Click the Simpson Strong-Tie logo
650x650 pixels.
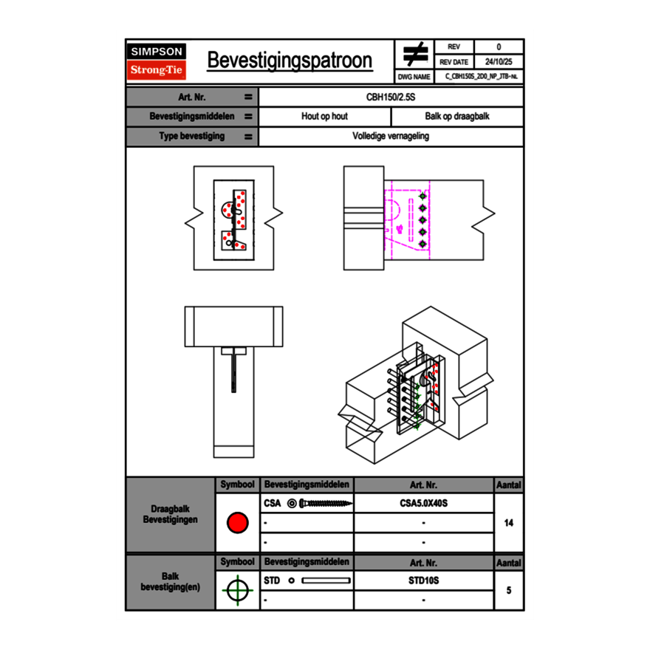157,61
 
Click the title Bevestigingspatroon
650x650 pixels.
290,61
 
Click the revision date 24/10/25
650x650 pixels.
499,62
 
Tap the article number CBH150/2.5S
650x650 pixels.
391,97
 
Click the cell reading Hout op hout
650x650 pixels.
324,117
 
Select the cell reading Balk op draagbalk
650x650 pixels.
457,117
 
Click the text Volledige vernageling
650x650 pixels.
391,137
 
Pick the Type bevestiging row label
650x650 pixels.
191,137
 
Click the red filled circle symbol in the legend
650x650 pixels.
237,523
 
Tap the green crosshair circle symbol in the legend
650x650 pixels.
237,590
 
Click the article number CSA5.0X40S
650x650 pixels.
423,504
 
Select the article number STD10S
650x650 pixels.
423,581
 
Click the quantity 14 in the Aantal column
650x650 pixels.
508,523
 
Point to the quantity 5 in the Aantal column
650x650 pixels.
508,590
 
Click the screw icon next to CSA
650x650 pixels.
321,504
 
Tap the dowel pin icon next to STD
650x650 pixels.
321,581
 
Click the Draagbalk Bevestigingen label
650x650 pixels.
170,515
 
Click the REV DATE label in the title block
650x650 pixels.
455,62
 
